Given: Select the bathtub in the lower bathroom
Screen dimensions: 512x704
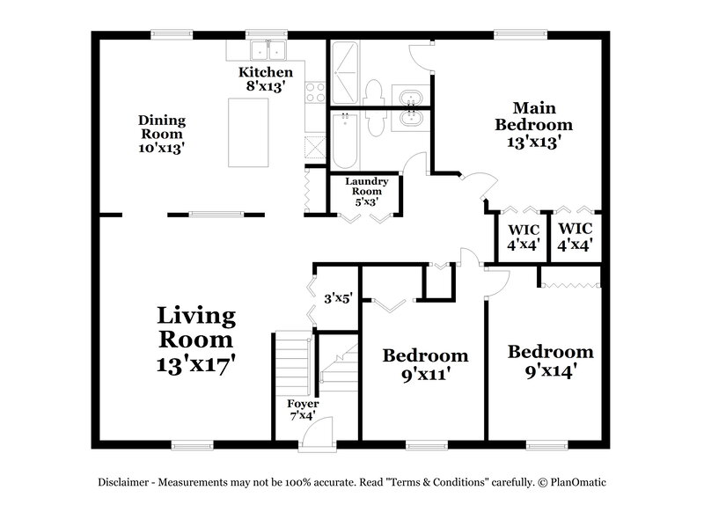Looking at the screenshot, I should (x=346, y=141).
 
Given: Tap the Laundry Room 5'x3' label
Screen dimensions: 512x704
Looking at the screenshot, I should (x=365, y=192).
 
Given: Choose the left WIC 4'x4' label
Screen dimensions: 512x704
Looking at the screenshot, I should (x=524, y=238).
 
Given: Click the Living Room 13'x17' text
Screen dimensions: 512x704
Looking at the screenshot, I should (x=195, y=339).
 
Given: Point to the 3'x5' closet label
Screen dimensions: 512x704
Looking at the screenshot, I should (x=338, y=298).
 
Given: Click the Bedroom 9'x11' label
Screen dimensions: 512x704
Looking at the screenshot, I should (x=424, y=364).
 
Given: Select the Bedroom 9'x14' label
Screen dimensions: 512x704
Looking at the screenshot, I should (x=550, y=361).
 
